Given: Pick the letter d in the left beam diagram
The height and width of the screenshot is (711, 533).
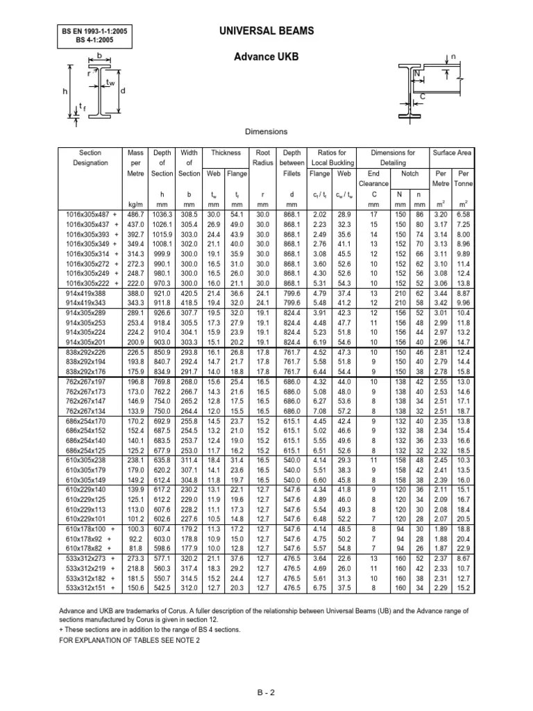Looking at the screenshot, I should (123, 91).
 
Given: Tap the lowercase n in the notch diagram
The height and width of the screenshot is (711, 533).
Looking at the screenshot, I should (454, 56).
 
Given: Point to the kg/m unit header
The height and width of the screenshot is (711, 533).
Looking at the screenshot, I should (136, 206).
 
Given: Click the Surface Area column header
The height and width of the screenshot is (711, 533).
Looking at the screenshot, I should (452, 152).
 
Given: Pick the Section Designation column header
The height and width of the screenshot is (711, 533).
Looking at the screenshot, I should (90, 157).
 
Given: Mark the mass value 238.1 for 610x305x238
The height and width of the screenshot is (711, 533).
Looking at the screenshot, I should (136, 440).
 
